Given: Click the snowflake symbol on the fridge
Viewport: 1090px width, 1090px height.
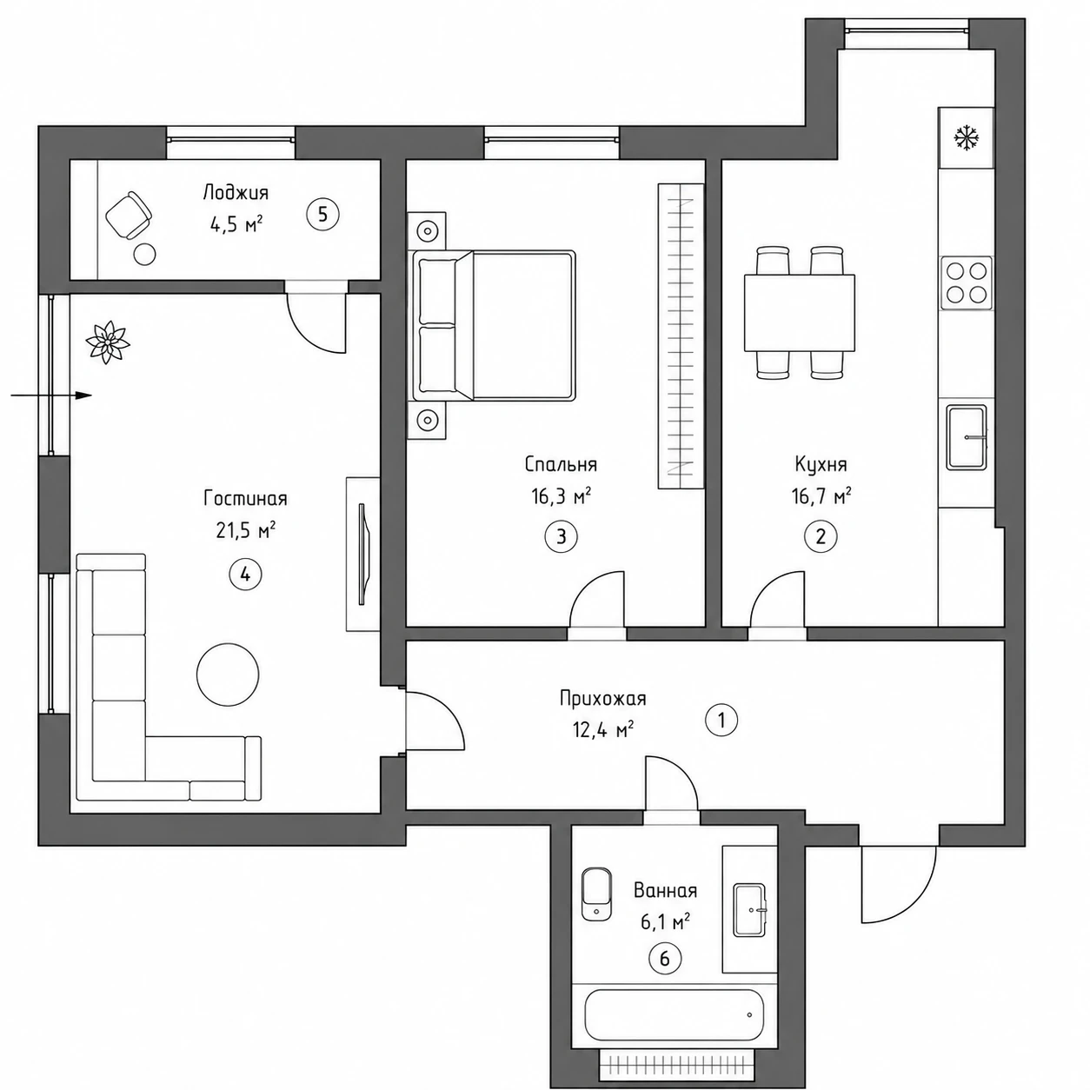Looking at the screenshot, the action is pos(966,137).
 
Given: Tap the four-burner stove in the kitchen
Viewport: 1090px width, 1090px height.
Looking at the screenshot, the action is pos(966,282).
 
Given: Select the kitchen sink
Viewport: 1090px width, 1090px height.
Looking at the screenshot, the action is pos(967,437).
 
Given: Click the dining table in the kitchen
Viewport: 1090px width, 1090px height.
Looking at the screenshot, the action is pos(800,313).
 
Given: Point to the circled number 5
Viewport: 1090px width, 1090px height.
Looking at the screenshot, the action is pos(322,215).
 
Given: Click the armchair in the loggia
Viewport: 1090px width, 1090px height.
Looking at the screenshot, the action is pos(129,216).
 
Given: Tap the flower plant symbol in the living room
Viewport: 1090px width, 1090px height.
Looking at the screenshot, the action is pos(107,342).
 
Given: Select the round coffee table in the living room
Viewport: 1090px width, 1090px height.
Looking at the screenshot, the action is pos(228,675).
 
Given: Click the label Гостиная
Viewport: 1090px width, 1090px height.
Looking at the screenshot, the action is pos(245,498).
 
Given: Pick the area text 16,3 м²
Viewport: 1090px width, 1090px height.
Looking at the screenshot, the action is pos(561,496).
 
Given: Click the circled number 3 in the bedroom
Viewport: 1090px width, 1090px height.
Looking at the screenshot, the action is pos(562,536).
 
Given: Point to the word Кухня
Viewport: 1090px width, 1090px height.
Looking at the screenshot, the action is pos(821,465).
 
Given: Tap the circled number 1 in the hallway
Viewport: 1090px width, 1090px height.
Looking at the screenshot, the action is pos(721,720).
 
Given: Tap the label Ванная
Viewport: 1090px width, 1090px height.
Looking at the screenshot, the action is pos(665,891).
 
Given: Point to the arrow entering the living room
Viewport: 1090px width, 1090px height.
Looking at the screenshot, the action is pos(51,395).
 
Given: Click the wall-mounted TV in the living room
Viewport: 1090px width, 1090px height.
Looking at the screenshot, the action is pos(364,555).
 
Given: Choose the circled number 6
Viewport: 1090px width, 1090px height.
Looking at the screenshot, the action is pos(665,958).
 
